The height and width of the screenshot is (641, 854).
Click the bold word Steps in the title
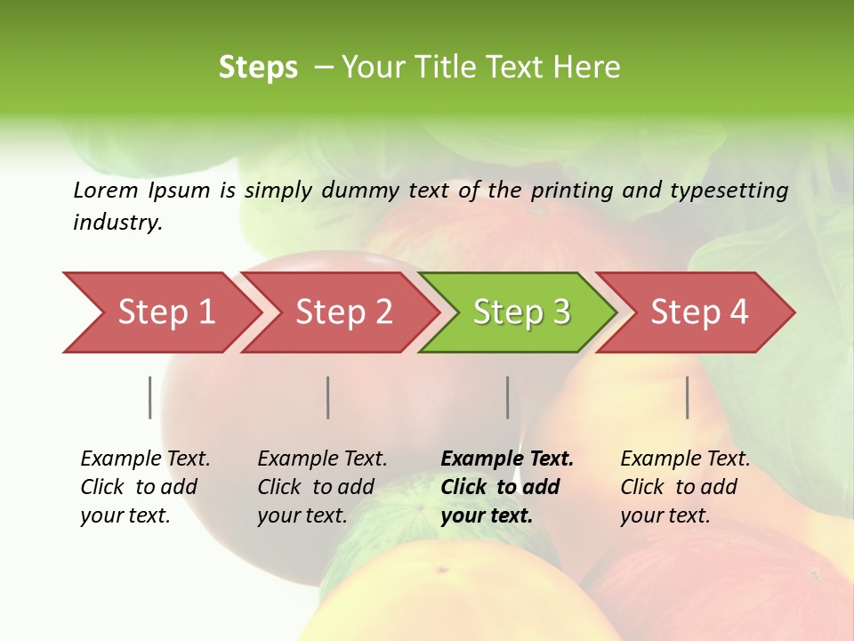(x=258, y=68)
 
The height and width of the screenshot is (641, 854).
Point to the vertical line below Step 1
(x=150, y=397)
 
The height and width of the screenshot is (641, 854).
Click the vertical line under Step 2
(x=328, y=397)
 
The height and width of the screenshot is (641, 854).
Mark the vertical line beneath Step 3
(x=508, y=397)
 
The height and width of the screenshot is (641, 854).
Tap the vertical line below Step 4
(x=688, y=397)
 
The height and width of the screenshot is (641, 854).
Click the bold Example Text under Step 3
(x=507, y=459)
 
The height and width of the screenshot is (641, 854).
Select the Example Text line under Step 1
(x=145, y=459)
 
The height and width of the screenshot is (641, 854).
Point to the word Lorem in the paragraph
(x=106, y=191)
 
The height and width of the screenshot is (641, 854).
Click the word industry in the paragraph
(x=117, y=223)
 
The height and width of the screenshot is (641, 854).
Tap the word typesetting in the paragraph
(x=729, y=191)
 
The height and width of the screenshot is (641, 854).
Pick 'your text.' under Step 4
(x=665, y=515)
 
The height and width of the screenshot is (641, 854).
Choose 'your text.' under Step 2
(x=302, y=515)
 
